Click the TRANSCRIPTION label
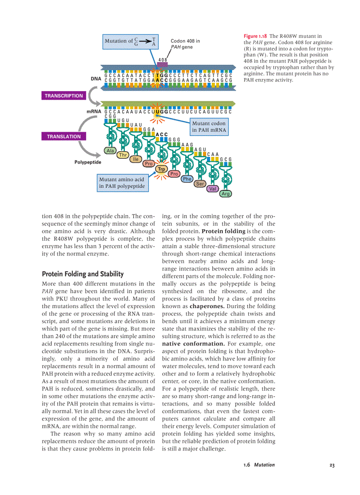(x=64, y=96)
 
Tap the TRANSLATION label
(x=64, y=137)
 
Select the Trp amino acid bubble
(x=162, y=169)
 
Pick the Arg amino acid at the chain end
(x=226, y=194)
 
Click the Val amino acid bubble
(x=213, y=189)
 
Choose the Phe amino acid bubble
(x=187, y=179)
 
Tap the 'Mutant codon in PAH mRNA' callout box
(x=209, y=127)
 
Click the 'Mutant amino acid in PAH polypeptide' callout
(x=122, y=183)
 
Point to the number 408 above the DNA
(x=163, y=60)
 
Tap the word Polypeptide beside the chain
(x=88, y=162)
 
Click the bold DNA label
(x=96, y=79)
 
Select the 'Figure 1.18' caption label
(x=256, y=36)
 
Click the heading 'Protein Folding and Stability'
(x=82, y=274)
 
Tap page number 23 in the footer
(x=332, y=465)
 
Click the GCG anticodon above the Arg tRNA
(x=226, y=159)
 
